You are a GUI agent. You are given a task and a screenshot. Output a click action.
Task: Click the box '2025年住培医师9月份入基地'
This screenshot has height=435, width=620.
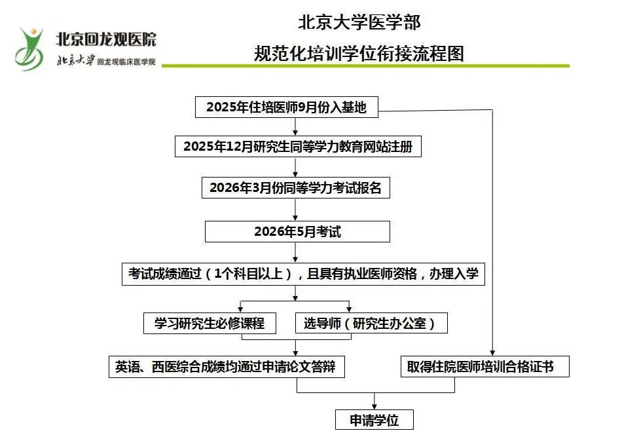(x=287, y=107)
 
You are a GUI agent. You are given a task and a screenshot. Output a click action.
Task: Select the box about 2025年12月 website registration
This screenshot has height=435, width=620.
(x=298, y=147)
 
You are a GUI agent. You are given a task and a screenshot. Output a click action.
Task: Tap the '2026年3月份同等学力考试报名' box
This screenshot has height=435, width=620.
(x=296, y=187)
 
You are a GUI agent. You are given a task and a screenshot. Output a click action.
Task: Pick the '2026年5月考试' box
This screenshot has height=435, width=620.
(x=297, y=231)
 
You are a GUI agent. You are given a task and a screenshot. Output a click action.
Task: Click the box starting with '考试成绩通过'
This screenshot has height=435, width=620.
(x=303, y=274)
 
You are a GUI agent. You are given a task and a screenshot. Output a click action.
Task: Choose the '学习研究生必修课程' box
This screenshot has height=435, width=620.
(x=210, y=324)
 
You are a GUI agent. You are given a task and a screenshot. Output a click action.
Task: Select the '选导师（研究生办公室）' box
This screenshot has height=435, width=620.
(x=371, y=324)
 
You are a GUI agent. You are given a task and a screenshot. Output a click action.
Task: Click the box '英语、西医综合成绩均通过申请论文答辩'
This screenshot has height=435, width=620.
(x=227, y=366)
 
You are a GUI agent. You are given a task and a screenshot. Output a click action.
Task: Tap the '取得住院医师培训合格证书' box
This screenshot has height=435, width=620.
(x=485, y=366)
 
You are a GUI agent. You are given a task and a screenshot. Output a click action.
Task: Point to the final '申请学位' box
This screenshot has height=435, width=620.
(x=374, y=419)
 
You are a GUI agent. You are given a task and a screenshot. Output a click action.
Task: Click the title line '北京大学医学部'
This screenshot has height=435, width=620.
(x=359, y=22)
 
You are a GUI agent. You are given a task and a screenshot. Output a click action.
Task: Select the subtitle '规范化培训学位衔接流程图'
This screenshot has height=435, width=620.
(x=359, y=53)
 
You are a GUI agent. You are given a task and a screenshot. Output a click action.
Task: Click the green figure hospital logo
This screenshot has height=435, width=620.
(x=29, y=49)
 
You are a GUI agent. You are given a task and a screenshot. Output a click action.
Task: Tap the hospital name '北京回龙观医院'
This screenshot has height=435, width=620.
(x=106, y=39)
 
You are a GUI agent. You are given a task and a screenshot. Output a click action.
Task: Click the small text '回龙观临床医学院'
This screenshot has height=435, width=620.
(x=126, y=62)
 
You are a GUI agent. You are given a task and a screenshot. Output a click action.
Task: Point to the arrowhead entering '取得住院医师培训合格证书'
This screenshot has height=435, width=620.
(x=492, y=353)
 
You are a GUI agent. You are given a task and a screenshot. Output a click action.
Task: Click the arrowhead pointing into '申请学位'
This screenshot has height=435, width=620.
(x=374, y=406)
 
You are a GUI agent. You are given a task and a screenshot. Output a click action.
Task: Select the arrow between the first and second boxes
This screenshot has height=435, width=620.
(x=295, y=126)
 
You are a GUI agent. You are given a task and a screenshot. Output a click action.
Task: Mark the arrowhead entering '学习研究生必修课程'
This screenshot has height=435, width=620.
(x=240, y=309)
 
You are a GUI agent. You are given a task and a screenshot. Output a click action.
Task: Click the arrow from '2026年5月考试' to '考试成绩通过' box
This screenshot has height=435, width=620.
(x=295, y=252)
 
